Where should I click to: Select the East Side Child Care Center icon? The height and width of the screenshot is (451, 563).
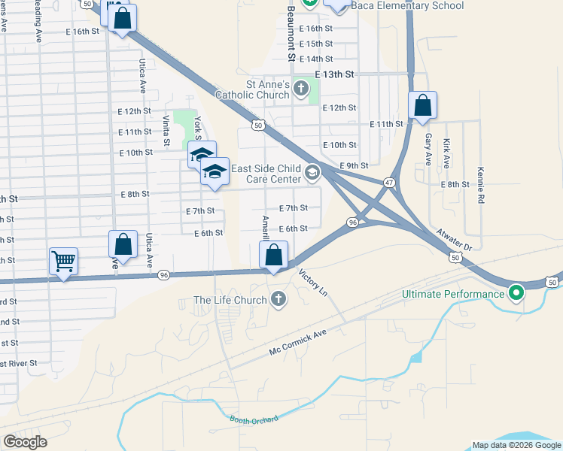(x=312, y=174)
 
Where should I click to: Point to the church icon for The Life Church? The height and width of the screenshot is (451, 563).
(x=278, y=300)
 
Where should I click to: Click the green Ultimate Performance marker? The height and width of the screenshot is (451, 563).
(x=516, y=293)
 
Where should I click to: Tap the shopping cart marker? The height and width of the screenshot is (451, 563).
(x=63, y=262)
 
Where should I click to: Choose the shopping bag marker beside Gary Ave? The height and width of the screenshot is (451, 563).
(x=422, y=107)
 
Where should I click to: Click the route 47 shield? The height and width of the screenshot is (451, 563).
(x=389, y=183)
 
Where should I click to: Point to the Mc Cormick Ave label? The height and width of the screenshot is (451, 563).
(x=298, y=342)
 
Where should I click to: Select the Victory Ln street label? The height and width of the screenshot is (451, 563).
(x=314, y=281)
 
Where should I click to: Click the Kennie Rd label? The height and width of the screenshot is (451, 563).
(x=479, y=186)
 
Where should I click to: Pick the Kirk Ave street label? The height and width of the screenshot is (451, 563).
(x=447, y=153)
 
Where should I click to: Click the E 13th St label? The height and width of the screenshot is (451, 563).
(x=334, y=75)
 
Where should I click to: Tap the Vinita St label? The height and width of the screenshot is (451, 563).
(x=166, y=128)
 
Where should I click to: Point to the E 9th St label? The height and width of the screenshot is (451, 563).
(x=354, y=165)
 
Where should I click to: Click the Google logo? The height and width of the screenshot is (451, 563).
(x=25, y=442)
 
